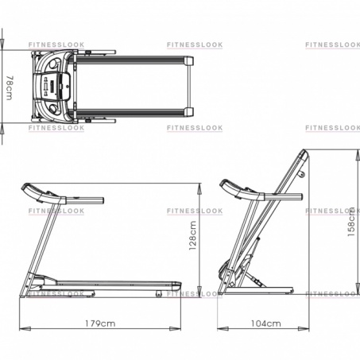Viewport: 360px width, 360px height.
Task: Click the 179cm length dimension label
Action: click(x=100, y=323)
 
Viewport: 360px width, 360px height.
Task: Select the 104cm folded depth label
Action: click(x=266, y=323)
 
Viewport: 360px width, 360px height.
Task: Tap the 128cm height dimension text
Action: click(x=193, y=235)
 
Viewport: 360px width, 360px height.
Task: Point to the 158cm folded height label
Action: click(x=351, y=222)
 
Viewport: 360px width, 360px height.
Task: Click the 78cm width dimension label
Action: click(x=10, y=88)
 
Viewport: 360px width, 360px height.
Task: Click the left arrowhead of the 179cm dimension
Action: click(x=25, y=329)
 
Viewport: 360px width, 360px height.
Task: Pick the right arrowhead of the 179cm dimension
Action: click(x=175, y=329)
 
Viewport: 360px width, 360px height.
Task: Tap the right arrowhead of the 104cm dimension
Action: click(x=304, y=329)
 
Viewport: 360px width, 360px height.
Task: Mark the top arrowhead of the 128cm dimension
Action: click(x=199, y=189)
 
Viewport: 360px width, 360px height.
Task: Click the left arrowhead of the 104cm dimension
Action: click(x=223, y=329)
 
